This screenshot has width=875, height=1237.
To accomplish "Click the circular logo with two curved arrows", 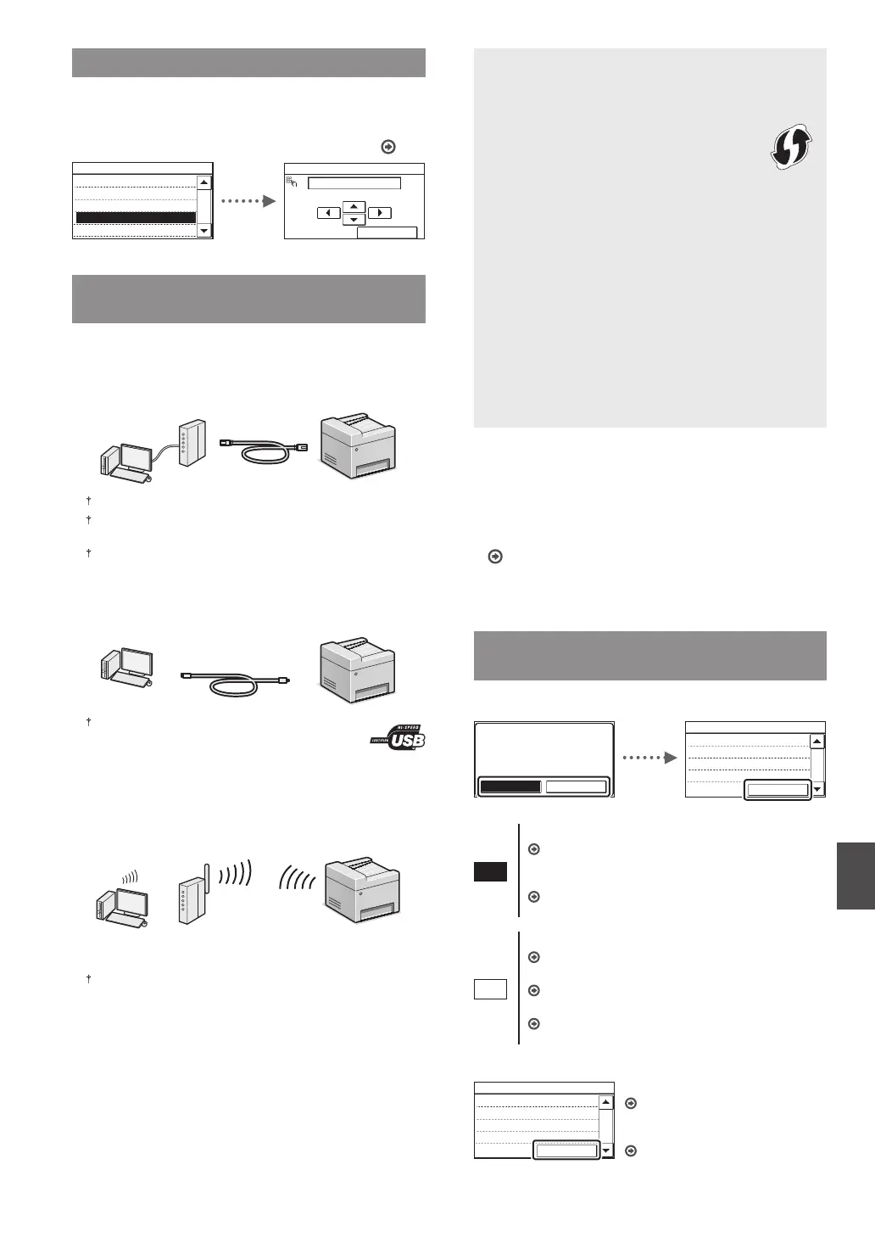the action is [x=790, y=146].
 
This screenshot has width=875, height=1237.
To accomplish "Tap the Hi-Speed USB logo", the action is [x=398, y=736].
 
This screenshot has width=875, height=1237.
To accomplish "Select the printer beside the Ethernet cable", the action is [x=357, y=446].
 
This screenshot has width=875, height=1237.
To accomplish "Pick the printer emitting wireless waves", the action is [x=362, y=890].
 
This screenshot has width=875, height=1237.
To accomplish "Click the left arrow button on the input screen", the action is [x=328, y=213].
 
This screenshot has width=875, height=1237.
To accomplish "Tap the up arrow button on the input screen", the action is [x=354, y=206].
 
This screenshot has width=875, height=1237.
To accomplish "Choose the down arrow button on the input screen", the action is [x=354, y=220].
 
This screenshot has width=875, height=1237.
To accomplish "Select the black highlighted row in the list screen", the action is [x=136, y=218].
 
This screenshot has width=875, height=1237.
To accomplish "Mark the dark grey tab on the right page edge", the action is [x=855, y=876].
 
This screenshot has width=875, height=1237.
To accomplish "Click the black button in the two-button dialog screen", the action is [x=510, y=786].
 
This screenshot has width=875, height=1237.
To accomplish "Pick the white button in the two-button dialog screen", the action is [x=576, y=786].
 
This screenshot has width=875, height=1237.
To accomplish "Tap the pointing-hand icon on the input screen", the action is [x=293, y=182].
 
